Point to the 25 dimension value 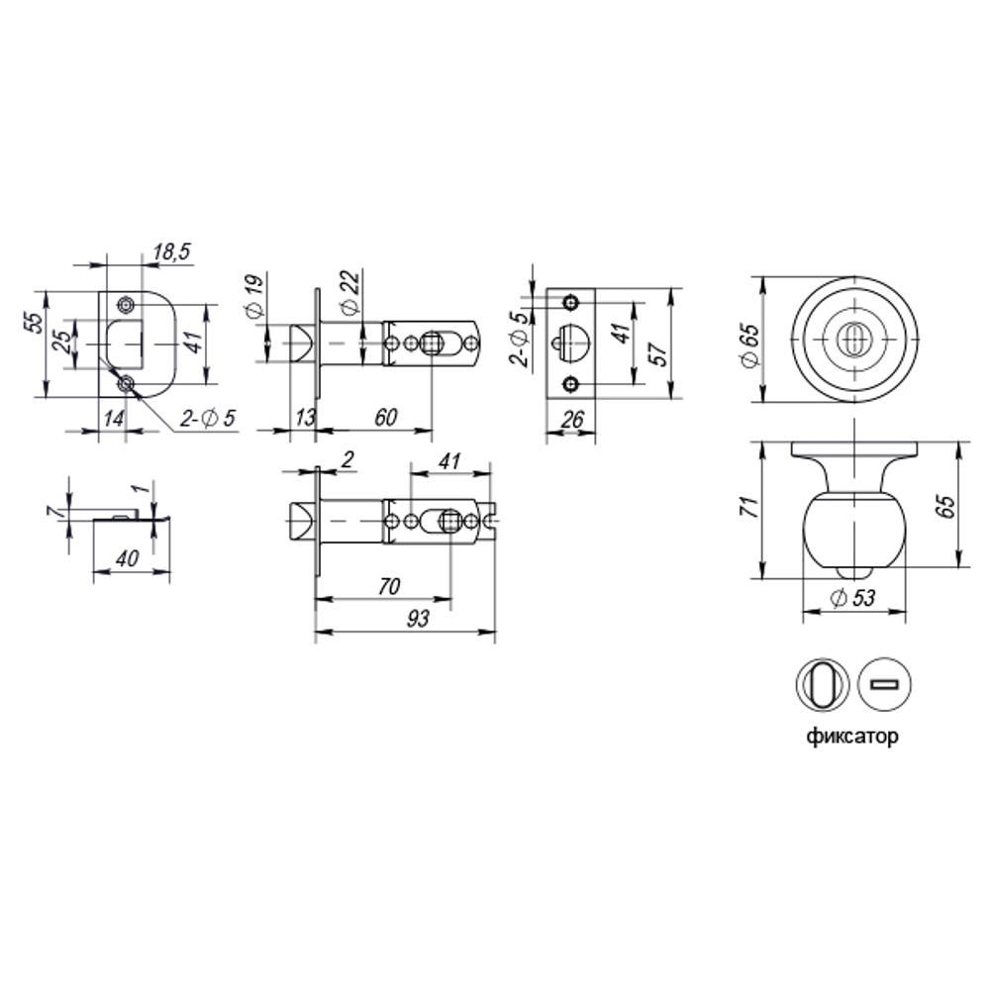pos(62,343)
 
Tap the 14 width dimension pos(113,418)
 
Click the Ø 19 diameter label pos(253,296)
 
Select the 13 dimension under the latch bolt pos(303,417)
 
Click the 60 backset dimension pos(385,417)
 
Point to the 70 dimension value pos(388,586)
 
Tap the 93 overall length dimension pos(418,619)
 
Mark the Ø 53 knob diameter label pos(853,598)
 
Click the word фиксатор pos(852,738)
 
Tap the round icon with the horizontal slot pos(881,684)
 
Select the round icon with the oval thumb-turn pos(822,684)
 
